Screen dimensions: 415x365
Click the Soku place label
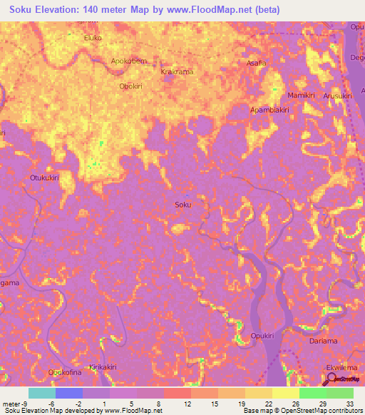click(x=183, y=205)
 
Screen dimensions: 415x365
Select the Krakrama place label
click(x=178, y=73)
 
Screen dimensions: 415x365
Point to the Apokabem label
click(x=129, y=61)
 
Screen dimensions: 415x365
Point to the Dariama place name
click(x=324, y=341)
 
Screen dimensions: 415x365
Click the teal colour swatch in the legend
click(x=41, y=393)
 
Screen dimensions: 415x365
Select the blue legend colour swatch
click(x=69, y=393)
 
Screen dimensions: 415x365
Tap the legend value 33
click(x=349, y=404)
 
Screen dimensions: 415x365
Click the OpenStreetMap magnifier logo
click(x=330, y=378)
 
